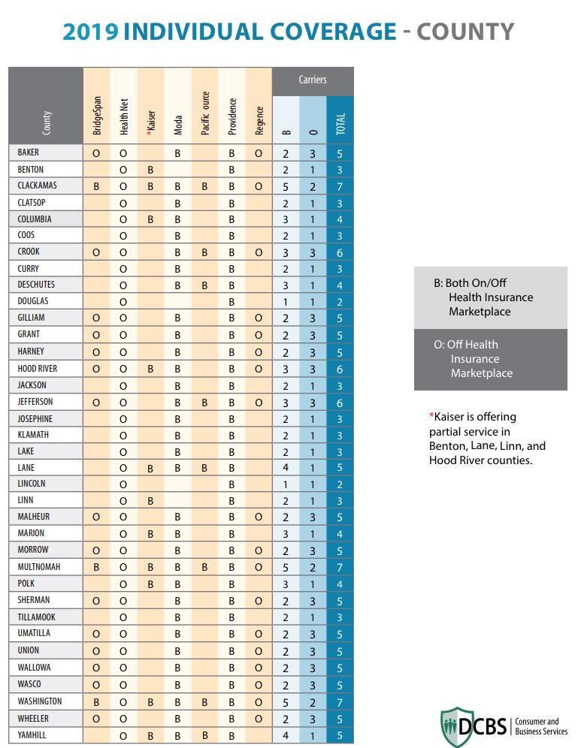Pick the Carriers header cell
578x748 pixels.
[313, 80]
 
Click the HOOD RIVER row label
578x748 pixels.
[37, 369]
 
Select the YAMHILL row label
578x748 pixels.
[32, 735]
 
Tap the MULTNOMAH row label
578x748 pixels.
[38, 567]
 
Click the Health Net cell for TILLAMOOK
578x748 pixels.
[123, 617]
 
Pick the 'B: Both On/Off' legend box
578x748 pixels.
[490, 297]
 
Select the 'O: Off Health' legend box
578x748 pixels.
[490, 359]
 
